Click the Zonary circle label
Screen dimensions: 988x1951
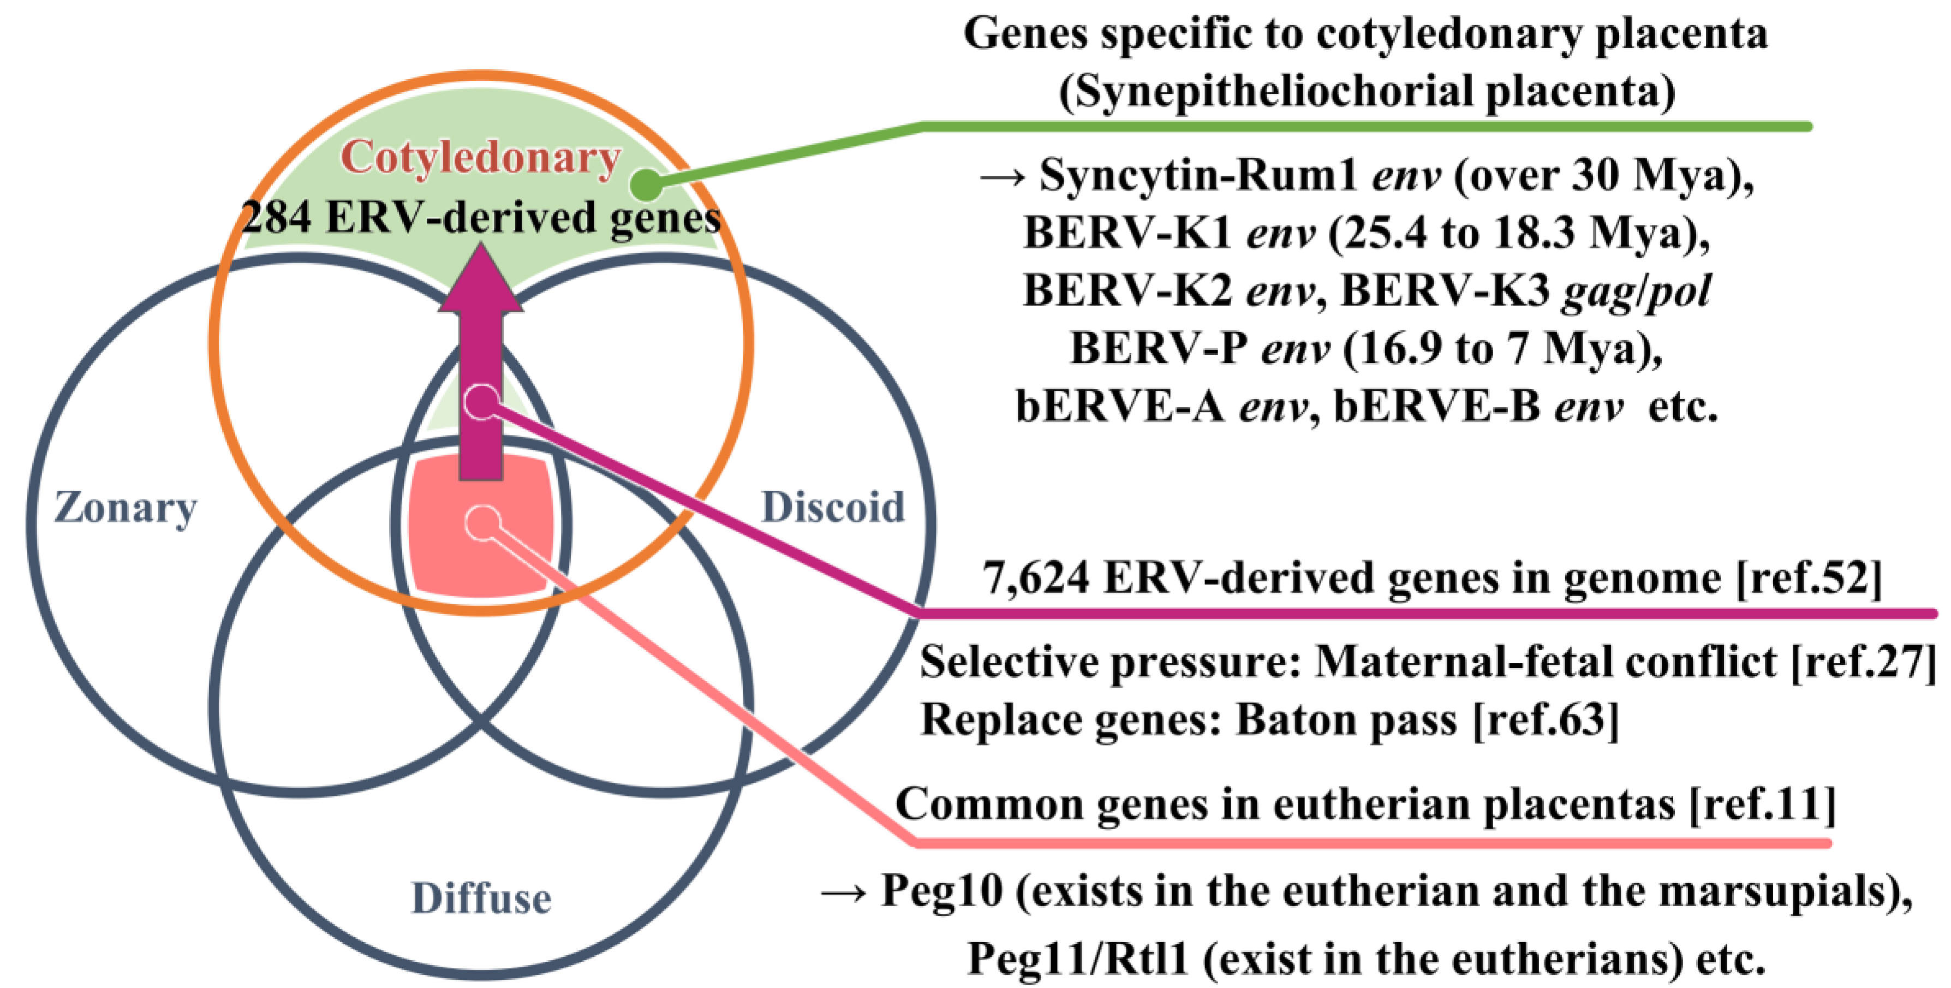125,508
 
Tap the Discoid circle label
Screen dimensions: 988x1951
832,507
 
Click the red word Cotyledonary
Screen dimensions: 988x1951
480,158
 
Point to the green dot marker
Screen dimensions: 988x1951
646,183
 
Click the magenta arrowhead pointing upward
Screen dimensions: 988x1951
480,281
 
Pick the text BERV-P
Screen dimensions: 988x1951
1158,348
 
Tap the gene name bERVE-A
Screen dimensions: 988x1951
1119,406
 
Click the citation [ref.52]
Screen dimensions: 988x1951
1809,578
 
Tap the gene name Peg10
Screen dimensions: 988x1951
941,890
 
